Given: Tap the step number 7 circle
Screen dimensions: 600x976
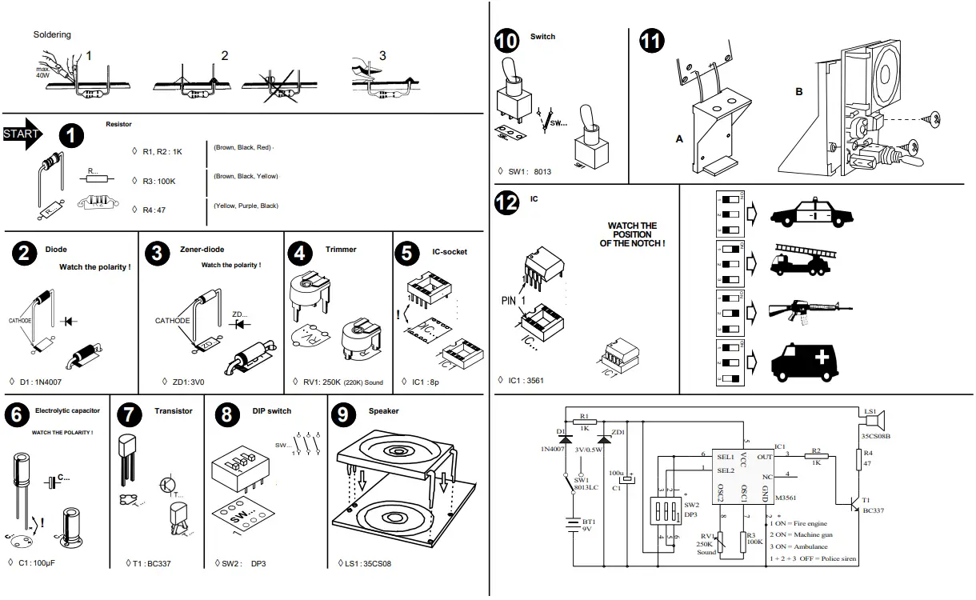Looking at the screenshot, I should (x=129, y=414).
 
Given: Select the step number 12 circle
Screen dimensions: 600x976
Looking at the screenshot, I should (x=506, y=203).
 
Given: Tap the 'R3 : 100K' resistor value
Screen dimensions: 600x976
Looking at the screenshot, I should (x=158, y=181).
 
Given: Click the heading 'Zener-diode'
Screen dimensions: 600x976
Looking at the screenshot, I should (x=202, y=250).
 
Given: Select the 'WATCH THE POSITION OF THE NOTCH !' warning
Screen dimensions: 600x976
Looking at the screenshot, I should (x=632, y=234).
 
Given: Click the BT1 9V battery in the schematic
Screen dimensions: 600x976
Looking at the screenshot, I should (x=574, y=526).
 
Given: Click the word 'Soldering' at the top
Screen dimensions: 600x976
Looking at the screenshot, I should (x=52, y=34).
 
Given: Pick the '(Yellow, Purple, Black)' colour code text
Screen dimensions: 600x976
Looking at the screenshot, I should (x=246, y=206).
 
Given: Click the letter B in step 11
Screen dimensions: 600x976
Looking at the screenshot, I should (x=798, y=92).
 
